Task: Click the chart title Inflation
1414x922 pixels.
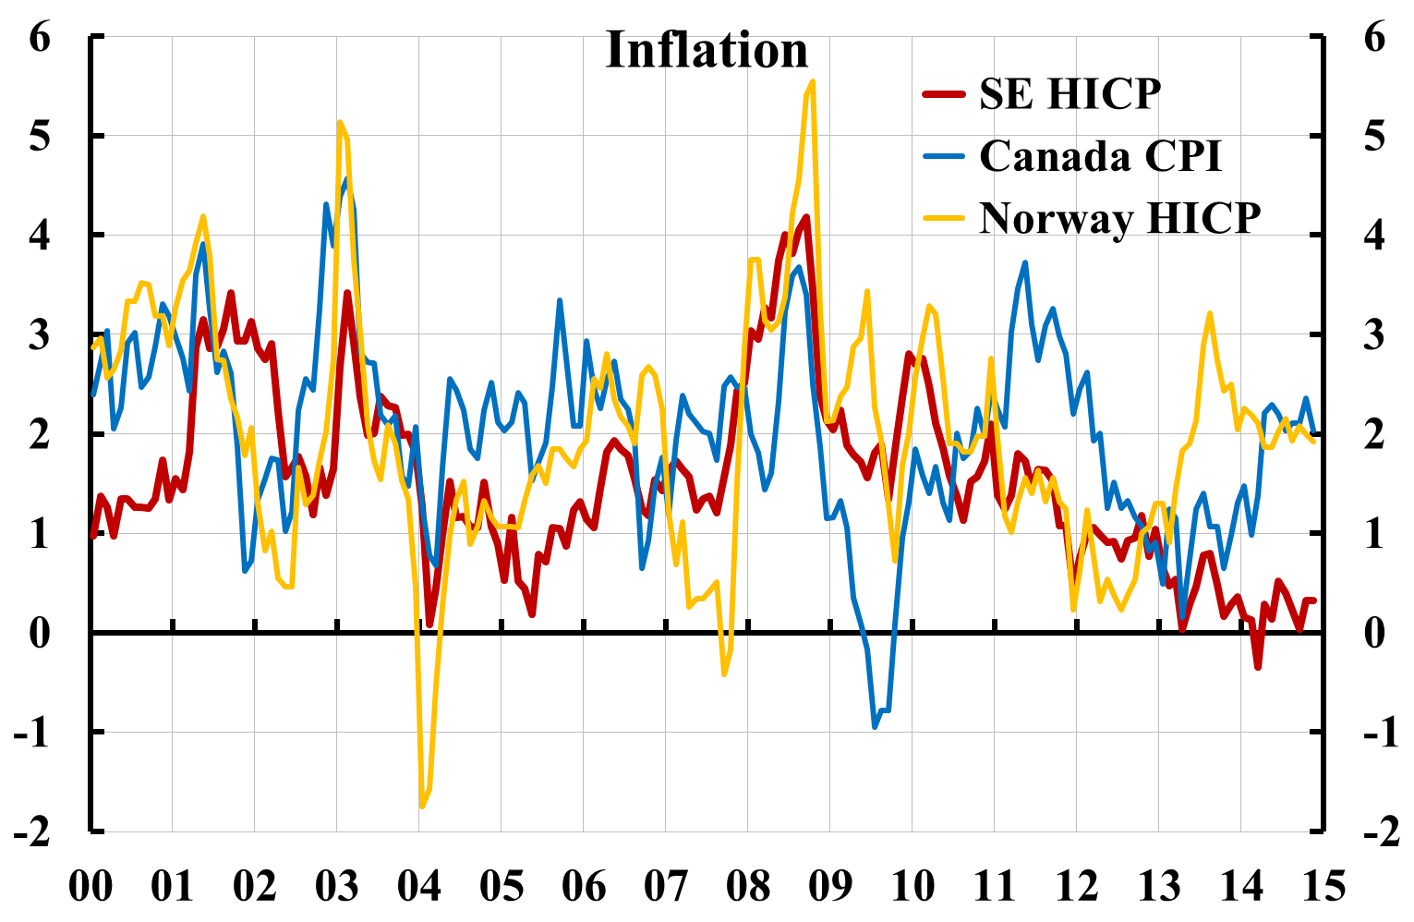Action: [x=707, y=51]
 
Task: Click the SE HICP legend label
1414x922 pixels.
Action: [x=1070, y=94]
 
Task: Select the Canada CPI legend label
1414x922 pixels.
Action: [x=1100, y=156]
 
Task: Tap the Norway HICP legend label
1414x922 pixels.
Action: [x=1119, y=219]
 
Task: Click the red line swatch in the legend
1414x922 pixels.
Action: [x=945, y=94]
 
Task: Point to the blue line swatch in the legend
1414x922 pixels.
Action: [x=945, y=156]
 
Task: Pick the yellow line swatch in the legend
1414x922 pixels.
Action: [x=945, y=219]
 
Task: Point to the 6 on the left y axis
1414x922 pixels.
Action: [x=39, y=38]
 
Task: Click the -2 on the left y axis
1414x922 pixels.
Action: [x=32, y=831]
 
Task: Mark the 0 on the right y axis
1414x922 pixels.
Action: [x=1375, y=634]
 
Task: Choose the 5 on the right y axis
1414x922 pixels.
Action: [x=1375, y=137]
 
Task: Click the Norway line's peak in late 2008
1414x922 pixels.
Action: [x=812, y=82]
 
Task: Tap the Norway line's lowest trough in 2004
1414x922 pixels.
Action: [x=422, y=806]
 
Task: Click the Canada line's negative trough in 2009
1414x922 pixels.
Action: [x=876, y=726]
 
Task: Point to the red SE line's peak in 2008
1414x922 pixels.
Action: [x=806, y=218]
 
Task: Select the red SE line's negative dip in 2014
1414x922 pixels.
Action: [x=1258, y=666]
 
